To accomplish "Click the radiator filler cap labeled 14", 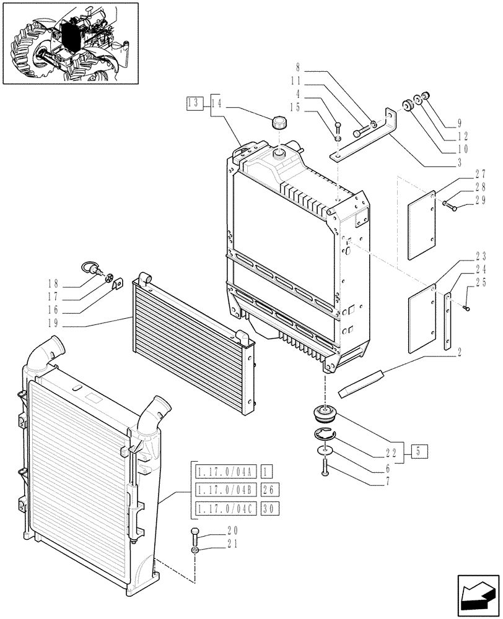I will pyautogui.click(x=280, y=123).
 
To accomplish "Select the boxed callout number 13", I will pyautogui.click(x=195, y=103).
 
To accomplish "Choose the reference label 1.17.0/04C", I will pyautogui.click(x=224, y=509).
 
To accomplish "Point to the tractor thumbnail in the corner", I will pyautogui.click(x=69, y=43).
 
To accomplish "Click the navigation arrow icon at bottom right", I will pyautogui.click(x=477, y=595).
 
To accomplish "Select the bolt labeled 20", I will pyautogui.click(x=195, y=533).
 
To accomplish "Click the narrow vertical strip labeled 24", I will pyautogui.click(x=447, y=322).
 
